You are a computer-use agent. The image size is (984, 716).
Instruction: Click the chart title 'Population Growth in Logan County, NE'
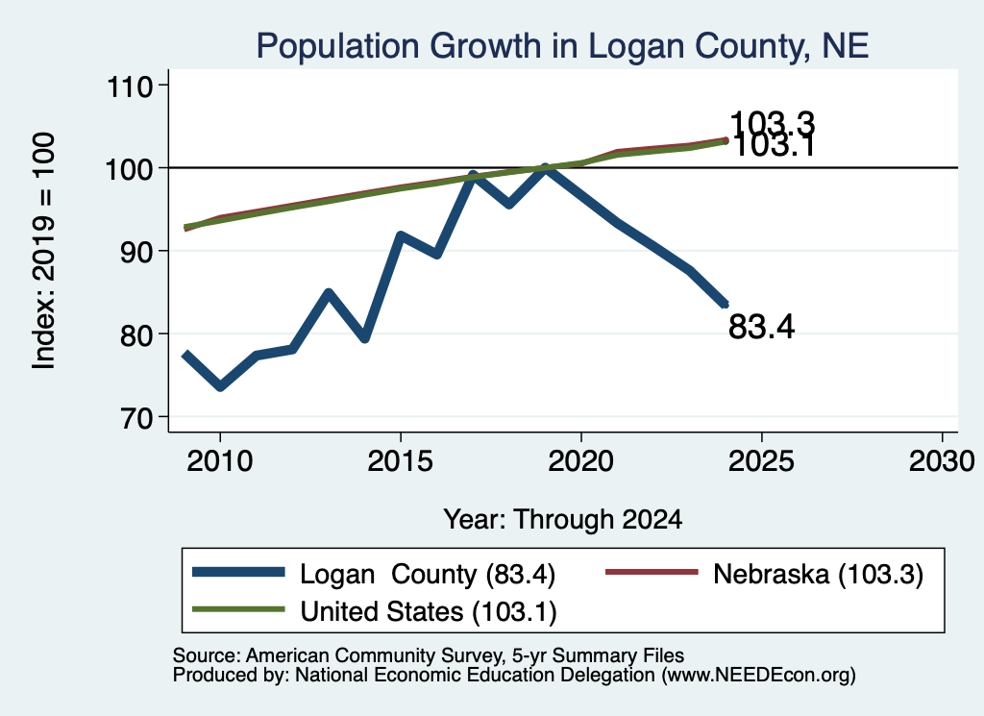tap(562, 46)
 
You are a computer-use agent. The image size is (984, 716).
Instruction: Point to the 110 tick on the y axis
tap(130, 86)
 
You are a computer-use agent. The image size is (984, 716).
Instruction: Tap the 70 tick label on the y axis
tap(136, 418)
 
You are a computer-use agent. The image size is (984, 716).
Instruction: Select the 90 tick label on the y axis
tap(136, 252)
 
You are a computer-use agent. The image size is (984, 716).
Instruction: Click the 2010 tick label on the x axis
tap(220, 462)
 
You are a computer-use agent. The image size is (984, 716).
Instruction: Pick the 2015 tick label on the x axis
tap(401, 462)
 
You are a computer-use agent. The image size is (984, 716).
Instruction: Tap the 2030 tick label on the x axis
tap(942, 462)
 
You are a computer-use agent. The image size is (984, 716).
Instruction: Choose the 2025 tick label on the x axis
tap(761, 462)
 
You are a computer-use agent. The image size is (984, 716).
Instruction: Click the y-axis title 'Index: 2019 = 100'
tap(44, 251)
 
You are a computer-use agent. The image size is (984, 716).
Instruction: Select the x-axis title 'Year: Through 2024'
tap(563, 520)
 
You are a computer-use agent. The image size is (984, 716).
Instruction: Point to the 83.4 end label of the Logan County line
tap(762, 327)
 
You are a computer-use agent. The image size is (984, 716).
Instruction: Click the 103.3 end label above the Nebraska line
tap(773, 123)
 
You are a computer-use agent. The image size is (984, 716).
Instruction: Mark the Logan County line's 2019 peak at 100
tap(546, 167)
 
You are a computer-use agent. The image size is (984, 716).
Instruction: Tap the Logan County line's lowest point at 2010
tap(220, 386)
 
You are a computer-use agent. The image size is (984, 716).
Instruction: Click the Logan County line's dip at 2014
tap(364, 338)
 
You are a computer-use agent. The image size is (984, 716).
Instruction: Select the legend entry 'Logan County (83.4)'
tap(374, 574)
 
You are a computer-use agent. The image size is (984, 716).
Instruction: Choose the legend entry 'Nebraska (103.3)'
tap(764, 574)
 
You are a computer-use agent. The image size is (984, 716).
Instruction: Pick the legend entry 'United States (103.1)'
tap(374, 611)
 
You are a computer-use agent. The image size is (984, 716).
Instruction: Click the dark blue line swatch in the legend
tap(238, 572)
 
